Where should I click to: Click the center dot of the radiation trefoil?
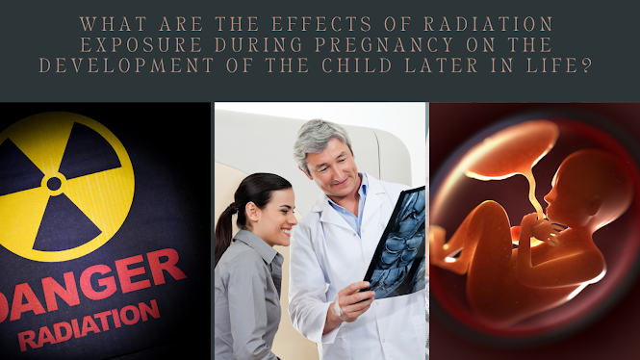click(x=54, y=183)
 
